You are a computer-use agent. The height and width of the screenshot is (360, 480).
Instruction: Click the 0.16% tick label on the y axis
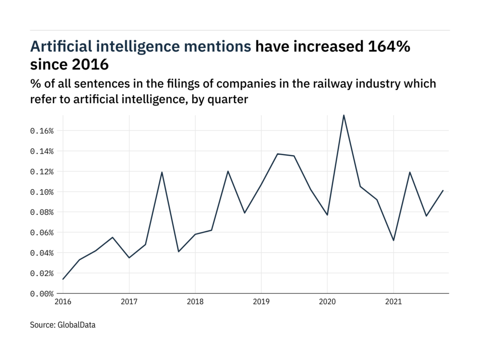click(42, 131)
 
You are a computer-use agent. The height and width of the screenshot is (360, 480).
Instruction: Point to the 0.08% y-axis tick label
click(42, 212)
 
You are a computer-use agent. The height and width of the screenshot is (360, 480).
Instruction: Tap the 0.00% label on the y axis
click(42, 294)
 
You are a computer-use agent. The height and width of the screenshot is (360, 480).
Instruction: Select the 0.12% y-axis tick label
click(42, 172)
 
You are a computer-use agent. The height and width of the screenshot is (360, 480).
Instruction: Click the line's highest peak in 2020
click(344, 115)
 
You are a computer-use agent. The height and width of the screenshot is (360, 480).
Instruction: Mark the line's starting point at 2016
click(63, 279)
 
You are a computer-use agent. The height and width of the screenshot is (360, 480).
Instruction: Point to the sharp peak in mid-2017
click(162, 172)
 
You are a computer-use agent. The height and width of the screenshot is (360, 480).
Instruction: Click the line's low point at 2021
click(393, 240)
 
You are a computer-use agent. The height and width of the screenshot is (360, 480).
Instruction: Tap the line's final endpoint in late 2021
click(443, 190)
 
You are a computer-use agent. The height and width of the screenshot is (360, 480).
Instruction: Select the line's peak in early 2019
click(277, 154)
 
